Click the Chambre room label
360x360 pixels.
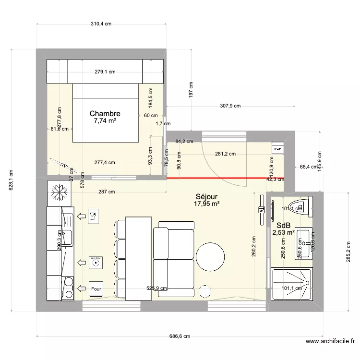(x=105, y=114)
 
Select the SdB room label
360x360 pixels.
(x=283, y=225)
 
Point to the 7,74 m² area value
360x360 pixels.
(x=105, y=121)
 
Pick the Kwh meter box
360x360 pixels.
(x=278, y=149)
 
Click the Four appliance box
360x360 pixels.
(x=96, y=289)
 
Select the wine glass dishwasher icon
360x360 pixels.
(x=94, y=216)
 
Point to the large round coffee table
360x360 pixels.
(x=210, y=257)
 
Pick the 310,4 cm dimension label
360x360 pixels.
(x=102, y=24)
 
